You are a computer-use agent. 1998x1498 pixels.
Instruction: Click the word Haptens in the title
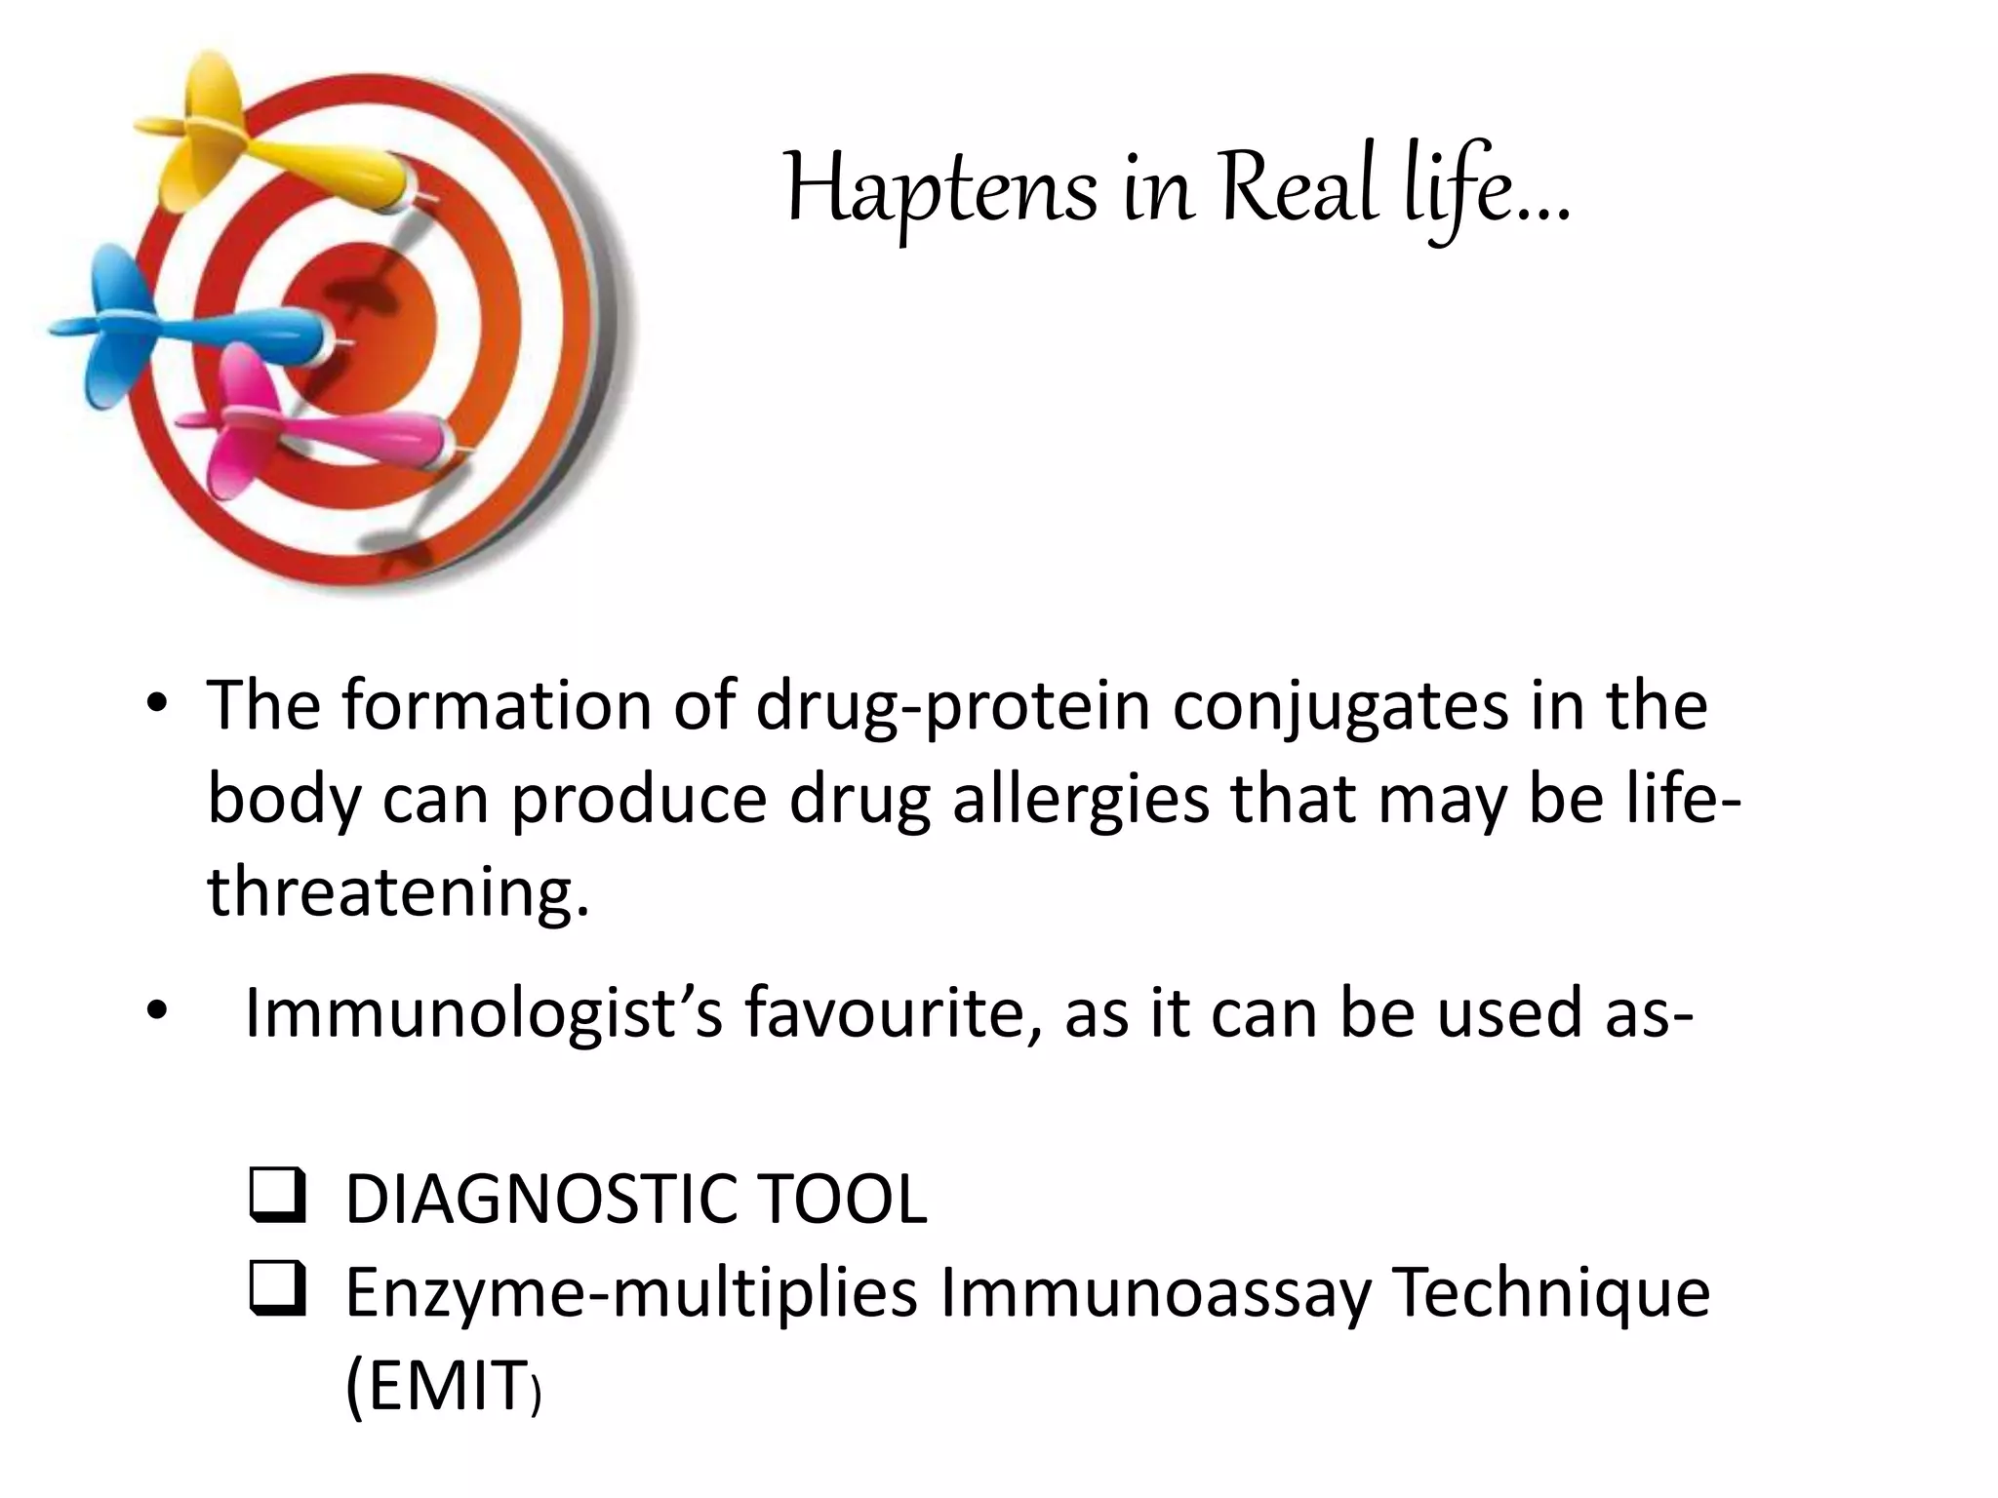tap(940, 191)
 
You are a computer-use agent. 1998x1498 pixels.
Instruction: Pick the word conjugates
tap(1340, 707)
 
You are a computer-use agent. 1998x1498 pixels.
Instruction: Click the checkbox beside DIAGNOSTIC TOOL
tap(278, 1198)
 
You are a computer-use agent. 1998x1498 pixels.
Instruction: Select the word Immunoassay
tap(1154, 1294)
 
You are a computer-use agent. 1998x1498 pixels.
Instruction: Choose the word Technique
tap(1550, 1294)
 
